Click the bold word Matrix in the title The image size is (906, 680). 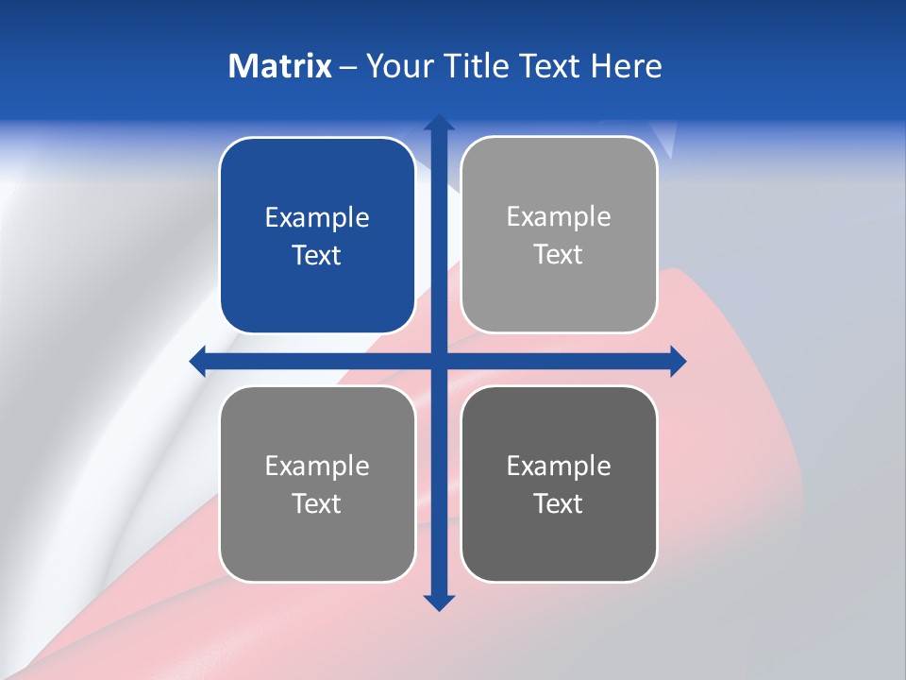(x=279, y=66)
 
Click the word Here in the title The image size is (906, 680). (x=627, y=66)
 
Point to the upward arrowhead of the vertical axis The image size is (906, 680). (x=439, y=123)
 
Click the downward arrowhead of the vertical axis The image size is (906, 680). (x=439, y=603)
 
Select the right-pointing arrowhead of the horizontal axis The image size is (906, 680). (x=678, y=361)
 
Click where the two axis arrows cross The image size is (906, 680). (x=439, y=361)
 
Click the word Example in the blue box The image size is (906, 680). (x=317, y=218)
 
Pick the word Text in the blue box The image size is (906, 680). (x=317, y=255)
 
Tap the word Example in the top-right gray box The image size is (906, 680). (x=559, y=217)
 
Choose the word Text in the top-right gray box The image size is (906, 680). (x=559, y=254)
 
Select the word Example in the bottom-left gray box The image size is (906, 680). (x=317, y=466)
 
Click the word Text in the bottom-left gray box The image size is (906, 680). (x=317, y=503)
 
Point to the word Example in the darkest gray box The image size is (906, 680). (x=559, y=466)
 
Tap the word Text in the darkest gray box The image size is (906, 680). (x=559, y=503)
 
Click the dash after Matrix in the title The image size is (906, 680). (x=348, y=68)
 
